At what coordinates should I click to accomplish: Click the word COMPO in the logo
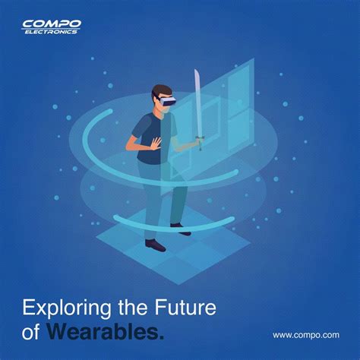51,25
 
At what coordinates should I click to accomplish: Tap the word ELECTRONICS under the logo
50,33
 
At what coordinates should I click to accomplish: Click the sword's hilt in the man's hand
199,141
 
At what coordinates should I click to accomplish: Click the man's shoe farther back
179,226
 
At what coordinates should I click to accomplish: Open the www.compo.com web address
305,334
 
